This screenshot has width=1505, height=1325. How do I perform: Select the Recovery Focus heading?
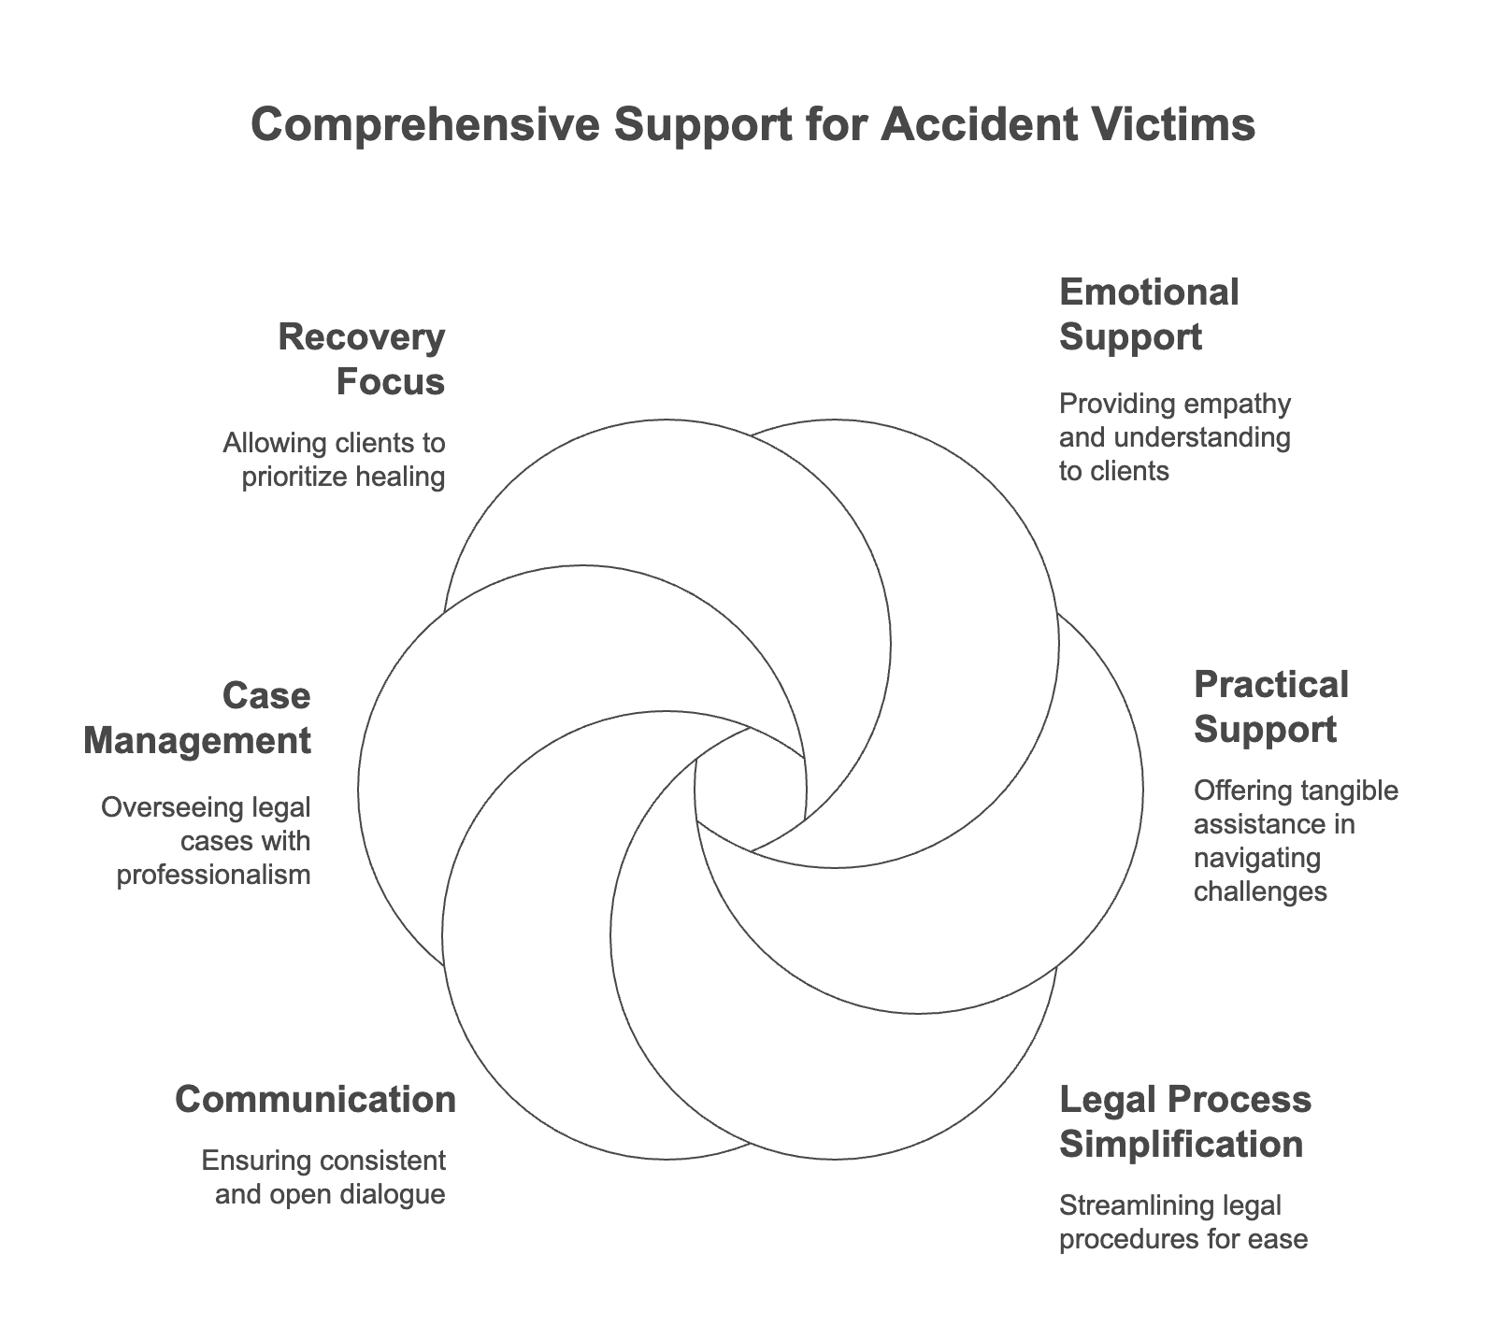(x=361, y=360)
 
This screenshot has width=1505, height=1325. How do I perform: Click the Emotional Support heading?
(x=1149, y=314)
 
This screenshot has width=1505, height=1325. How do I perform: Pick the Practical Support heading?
(x=1271, y=706)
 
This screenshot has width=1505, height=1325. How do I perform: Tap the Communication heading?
(x=316, y=1099)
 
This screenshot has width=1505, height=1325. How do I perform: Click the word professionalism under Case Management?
(x=213, y=875)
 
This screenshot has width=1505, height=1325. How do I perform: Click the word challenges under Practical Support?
(x=1260, y=891)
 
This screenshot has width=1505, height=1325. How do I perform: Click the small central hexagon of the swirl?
(x=751, y=791)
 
